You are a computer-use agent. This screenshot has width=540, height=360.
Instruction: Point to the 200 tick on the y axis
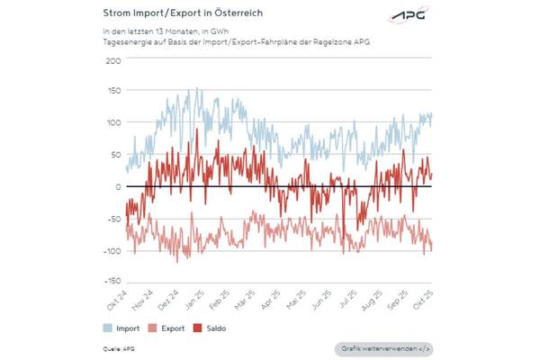[x=113, y=61]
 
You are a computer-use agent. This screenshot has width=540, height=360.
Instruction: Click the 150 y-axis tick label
[x=113, y=92]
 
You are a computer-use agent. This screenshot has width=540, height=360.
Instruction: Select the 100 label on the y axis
[x=113, y=123]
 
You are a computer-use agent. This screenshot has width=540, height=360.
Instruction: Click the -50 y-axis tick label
[x=113, y=219]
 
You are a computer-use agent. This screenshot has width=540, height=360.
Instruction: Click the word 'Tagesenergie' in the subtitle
[x=128, y=43]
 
